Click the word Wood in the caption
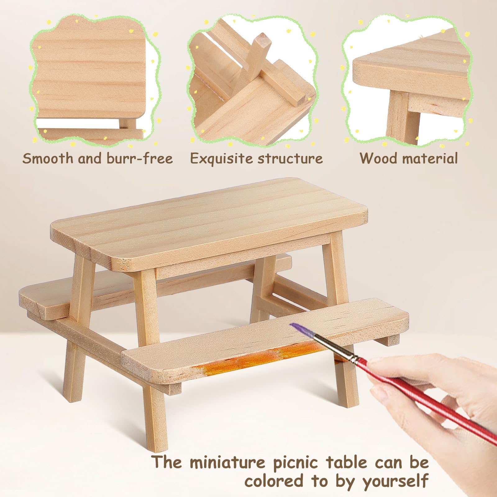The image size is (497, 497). click(379, 158)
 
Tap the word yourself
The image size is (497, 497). click(395, 481)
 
